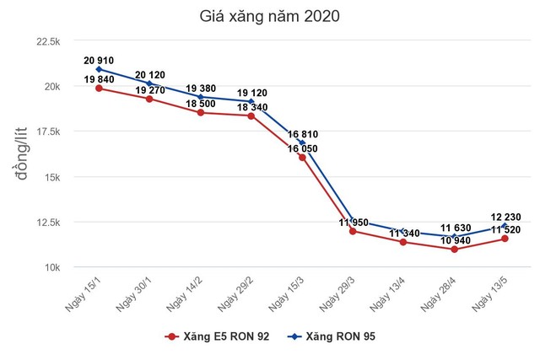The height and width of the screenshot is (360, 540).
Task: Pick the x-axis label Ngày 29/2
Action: [239, 293]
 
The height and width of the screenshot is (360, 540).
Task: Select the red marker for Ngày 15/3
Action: [301, 158]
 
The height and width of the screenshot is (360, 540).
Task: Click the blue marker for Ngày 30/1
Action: [149, 83]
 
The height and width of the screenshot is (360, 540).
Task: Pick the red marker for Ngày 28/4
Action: [453, 250]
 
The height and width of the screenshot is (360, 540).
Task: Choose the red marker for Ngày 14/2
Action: [200, 113]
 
